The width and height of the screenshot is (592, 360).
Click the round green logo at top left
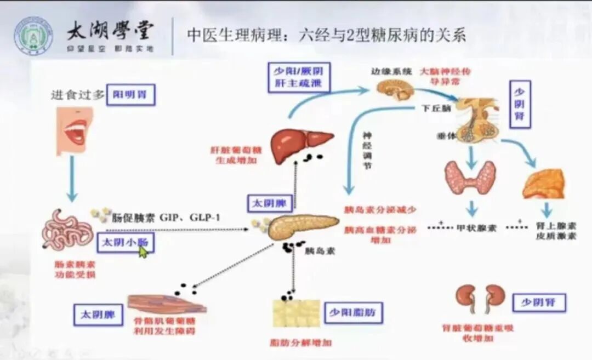(x=33, y=34)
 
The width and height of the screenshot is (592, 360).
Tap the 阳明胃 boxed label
(x=131, y=95)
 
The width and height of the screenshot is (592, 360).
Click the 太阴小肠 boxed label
(x=125, y=242)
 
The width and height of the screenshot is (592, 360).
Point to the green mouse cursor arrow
(x=143, y=252)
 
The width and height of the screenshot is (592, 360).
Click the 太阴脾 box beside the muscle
(x=98, y=315)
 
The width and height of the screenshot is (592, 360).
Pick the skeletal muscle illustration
(x=166, y=303)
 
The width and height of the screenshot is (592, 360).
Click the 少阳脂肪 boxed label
(x=353, y=312)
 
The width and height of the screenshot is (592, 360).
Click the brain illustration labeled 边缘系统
(x=392, y=88)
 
